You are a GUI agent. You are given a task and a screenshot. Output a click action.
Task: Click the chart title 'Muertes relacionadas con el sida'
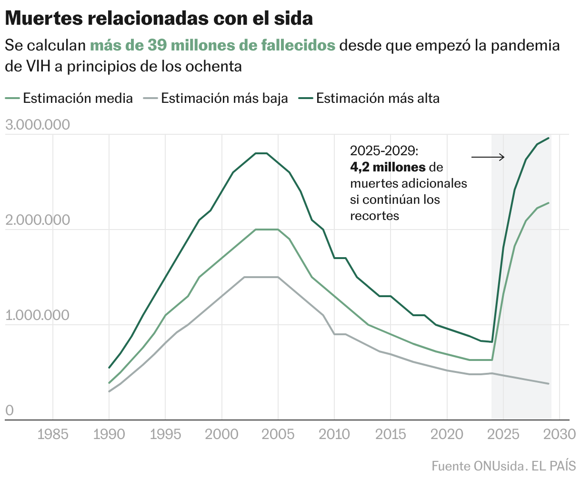(x=159, y=19)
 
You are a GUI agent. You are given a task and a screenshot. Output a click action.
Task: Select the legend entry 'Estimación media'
(x=78, y=98)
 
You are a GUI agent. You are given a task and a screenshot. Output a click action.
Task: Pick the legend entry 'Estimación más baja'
(x=224, y=98)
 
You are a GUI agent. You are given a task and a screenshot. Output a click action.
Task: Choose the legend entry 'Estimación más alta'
(x=378, y=98)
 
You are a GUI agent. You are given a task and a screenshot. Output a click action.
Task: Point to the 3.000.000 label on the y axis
(x=37, y=125)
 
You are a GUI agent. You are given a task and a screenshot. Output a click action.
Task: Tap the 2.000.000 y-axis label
(x=37, y=220)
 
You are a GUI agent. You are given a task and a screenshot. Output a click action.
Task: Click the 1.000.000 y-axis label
(x=37, y=315)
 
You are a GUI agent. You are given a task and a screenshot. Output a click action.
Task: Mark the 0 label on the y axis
(x=9, y=410)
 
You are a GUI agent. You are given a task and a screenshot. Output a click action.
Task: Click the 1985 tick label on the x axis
(x=52, y=434)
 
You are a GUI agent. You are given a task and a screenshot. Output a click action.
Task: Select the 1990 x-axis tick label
(x=109, y=434)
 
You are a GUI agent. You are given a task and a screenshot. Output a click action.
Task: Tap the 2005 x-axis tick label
(x=278, y=434)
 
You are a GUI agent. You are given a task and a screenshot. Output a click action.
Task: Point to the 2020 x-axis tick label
(x=447, y=434)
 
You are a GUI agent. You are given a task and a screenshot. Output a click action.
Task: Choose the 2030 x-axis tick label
(x=560, y=434)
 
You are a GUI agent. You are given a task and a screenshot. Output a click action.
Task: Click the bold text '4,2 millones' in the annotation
(x=388, y=167)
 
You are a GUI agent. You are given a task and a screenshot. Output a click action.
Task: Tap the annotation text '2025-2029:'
(x=384, y=151)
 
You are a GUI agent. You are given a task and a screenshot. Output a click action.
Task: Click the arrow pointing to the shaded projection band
(x=488, y=157)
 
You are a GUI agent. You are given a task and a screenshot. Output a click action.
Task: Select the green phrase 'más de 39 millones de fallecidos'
(x=212, y=46)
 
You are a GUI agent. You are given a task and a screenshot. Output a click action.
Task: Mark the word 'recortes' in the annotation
(x=374, y=215)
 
